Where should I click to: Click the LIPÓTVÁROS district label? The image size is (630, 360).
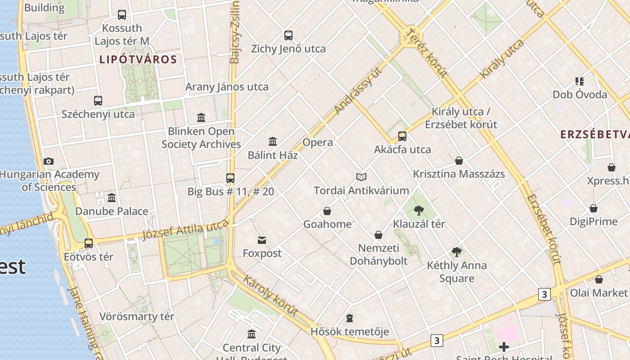click(x=138, y=59)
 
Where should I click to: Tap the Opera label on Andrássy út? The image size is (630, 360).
click(x=318, y=143)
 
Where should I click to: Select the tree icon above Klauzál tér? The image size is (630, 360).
click(x=419, y=210)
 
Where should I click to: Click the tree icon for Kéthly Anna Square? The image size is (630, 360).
click(x=457, y=252)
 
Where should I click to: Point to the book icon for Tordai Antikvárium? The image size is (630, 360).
click(x=361, y=177)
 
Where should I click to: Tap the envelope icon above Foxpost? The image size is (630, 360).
click(x=262, y=240)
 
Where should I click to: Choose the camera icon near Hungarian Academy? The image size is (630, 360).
click(x=49, y=161)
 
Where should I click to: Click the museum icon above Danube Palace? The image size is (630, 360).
click(x=112, y=198)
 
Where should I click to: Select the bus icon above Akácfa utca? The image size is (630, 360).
click(x=402, y=136)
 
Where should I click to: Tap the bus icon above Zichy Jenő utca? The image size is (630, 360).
click(x=288, y=35)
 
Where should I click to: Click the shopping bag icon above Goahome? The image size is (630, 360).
click(x=327, y=211)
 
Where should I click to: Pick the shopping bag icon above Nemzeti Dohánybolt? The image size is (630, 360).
click(x=378, y=235)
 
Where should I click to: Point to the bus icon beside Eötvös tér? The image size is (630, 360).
click(x=89, y=243)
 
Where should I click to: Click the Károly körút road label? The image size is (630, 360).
click(x=270, y=296)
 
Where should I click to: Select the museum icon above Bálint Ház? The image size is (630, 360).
click(x=273, y=142)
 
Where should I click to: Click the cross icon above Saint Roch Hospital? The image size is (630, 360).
click(x=504, y=346)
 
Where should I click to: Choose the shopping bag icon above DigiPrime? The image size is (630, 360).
click(x=594, y=208)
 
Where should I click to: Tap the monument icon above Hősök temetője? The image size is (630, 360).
click(x=349, y=319)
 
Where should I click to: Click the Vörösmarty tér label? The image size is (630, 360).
click(x=136, y=316)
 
